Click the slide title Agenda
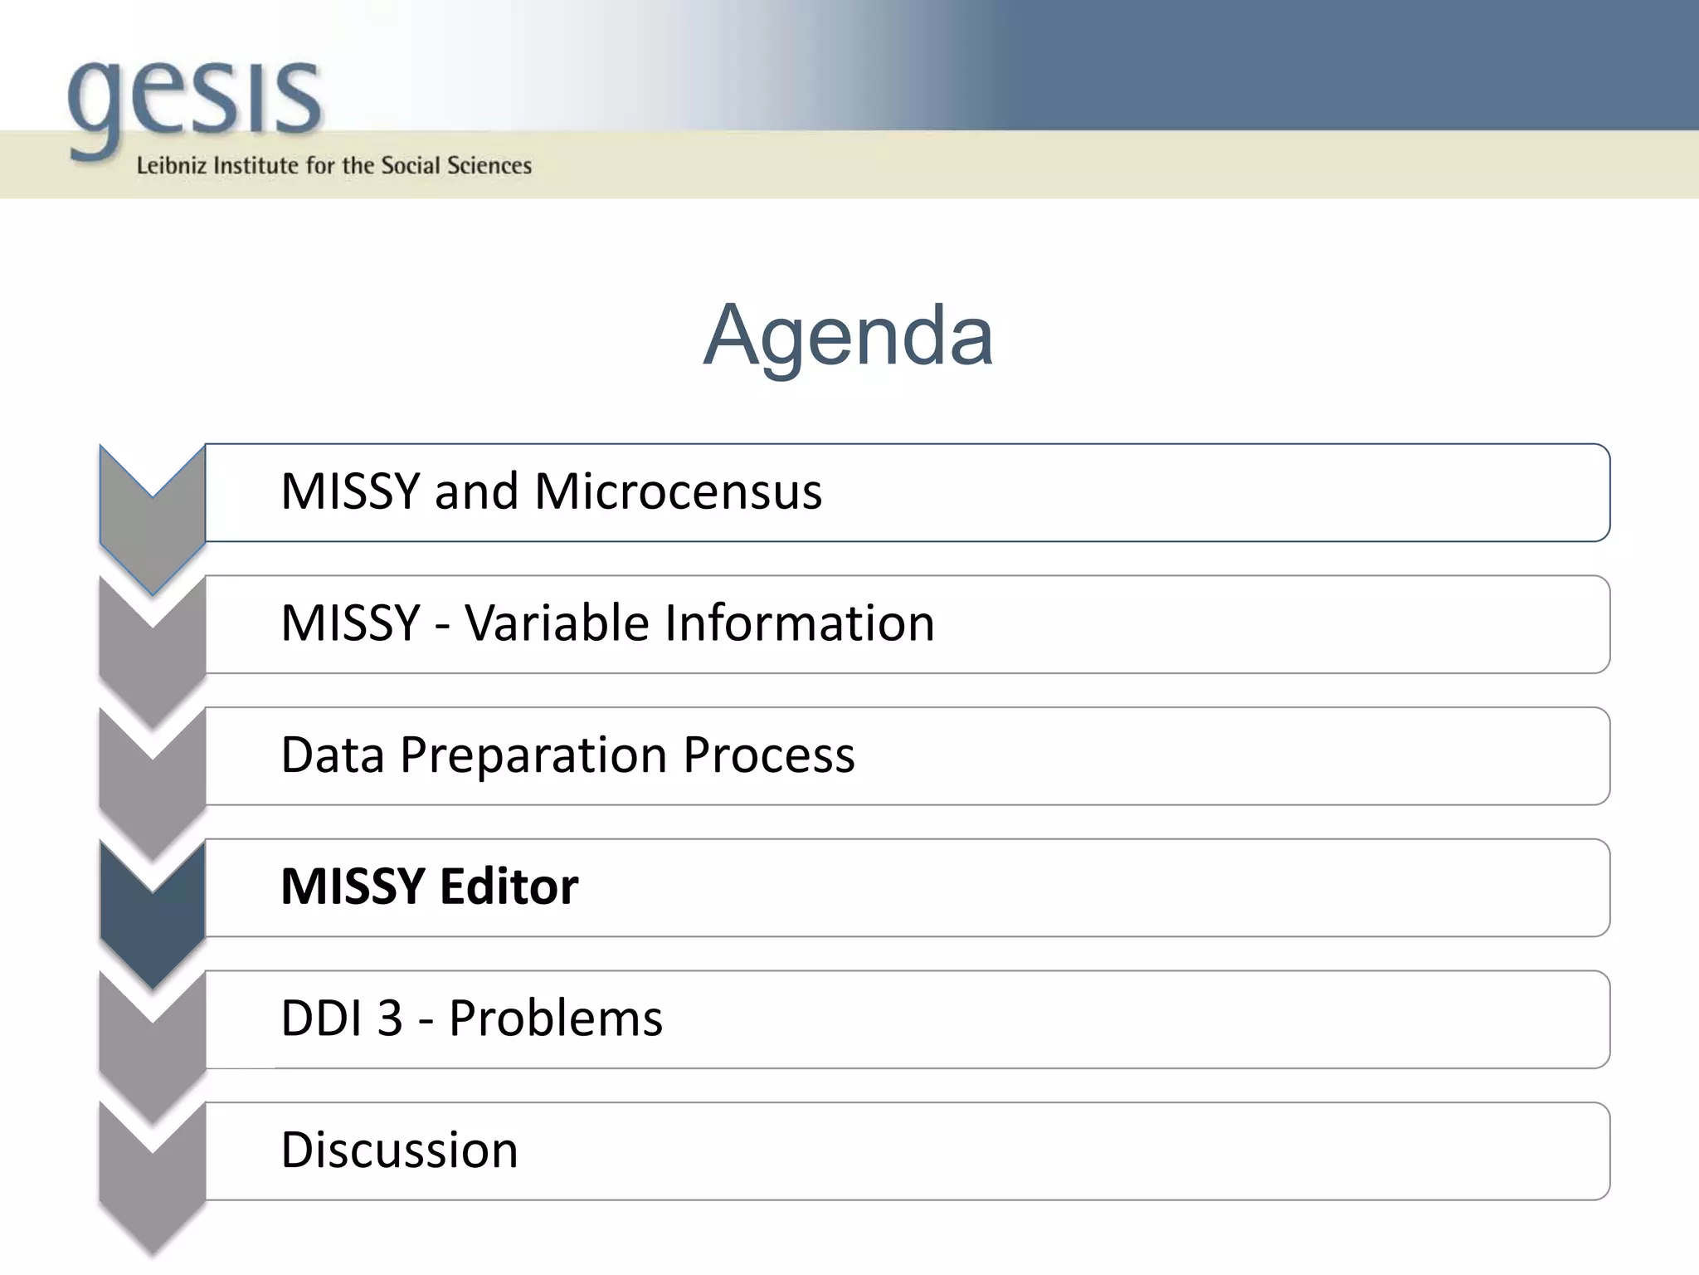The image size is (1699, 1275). coord(848,335)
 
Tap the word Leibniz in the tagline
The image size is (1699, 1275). coord(171,165)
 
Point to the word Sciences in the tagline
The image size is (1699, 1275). coord(489,165)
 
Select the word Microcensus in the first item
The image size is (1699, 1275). coord(678,491)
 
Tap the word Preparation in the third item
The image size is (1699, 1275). coord(534,755)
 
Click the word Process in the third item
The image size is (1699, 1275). coord(769,755)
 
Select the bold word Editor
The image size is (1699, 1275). coord(509,887)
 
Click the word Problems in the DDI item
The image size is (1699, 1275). coord(556,1019)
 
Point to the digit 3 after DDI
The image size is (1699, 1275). coord(390,1019)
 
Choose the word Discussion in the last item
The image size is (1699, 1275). coord(399,1150)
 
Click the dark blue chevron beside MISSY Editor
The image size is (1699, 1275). coord(153,921)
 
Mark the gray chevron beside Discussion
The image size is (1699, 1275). coord(153,1187)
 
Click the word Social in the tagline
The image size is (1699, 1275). coord(411,165)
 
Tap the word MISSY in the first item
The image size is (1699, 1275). coord(350,491)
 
